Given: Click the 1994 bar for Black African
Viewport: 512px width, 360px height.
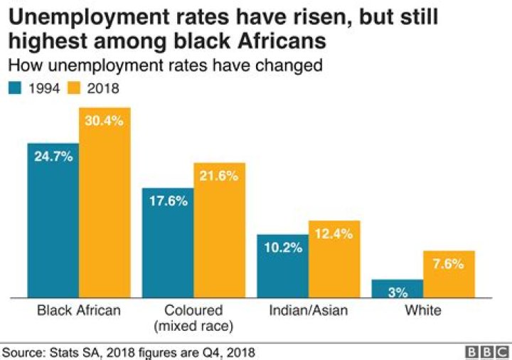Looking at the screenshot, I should click(x=53, y=221).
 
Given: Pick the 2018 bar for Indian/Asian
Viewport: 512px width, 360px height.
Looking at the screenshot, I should click(x=334, y=260).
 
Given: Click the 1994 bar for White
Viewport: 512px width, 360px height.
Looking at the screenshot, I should click(x=398, y=289).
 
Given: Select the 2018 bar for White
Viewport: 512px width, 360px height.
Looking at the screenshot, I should click(x=449, y=275).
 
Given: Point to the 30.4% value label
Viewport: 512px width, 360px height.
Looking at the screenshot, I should click(x=105, y=120).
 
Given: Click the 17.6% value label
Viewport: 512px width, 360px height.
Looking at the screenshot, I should click(x=168, y=201).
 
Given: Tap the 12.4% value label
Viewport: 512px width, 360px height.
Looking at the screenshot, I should click(x=334, y=233).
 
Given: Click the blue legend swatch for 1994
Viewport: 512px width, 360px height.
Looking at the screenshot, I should click(x=15, y=88).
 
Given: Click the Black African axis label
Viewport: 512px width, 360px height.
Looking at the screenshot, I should click(x=79, y=311).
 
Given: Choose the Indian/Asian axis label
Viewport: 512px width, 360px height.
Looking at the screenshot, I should click(x=308, y=311).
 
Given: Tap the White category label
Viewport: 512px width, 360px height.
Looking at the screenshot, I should click(x=423, y=311).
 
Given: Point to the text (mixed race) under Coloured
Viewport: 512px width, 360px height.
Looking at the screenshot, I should click(x=193, y=326).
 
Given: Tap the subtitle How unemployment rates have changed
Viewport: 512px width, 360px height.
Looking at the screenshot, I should click(x=165, y=66).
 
